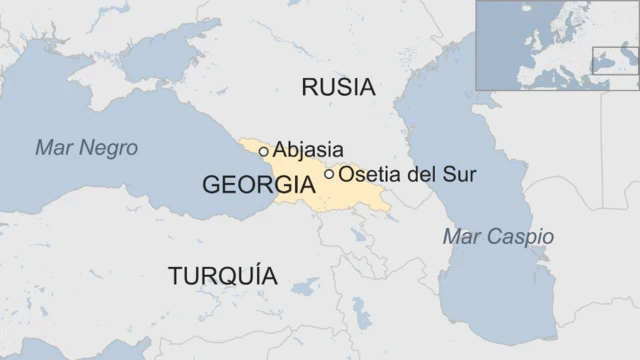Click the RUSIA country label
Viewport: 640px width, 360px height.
tap(338, 87)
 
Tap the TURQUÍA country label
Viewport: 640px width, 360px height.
tap(223, 276)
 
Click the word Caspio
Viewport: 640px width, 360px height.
tap(519, 237)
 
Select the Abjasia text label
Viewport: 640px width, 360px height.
tap(308, 150)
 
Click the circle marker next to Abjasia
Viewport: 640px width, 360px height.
tap(264, 151)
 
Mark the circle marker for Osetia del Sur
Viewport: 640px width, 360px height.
tap(329, 174)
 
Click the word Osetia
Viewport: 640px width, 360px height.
tap(367, 174)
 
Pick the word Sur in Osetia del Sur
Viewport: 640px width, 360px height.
tap(459, 174)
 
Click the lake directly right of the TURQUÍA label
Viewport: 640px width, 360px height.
tap(304, 287)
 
